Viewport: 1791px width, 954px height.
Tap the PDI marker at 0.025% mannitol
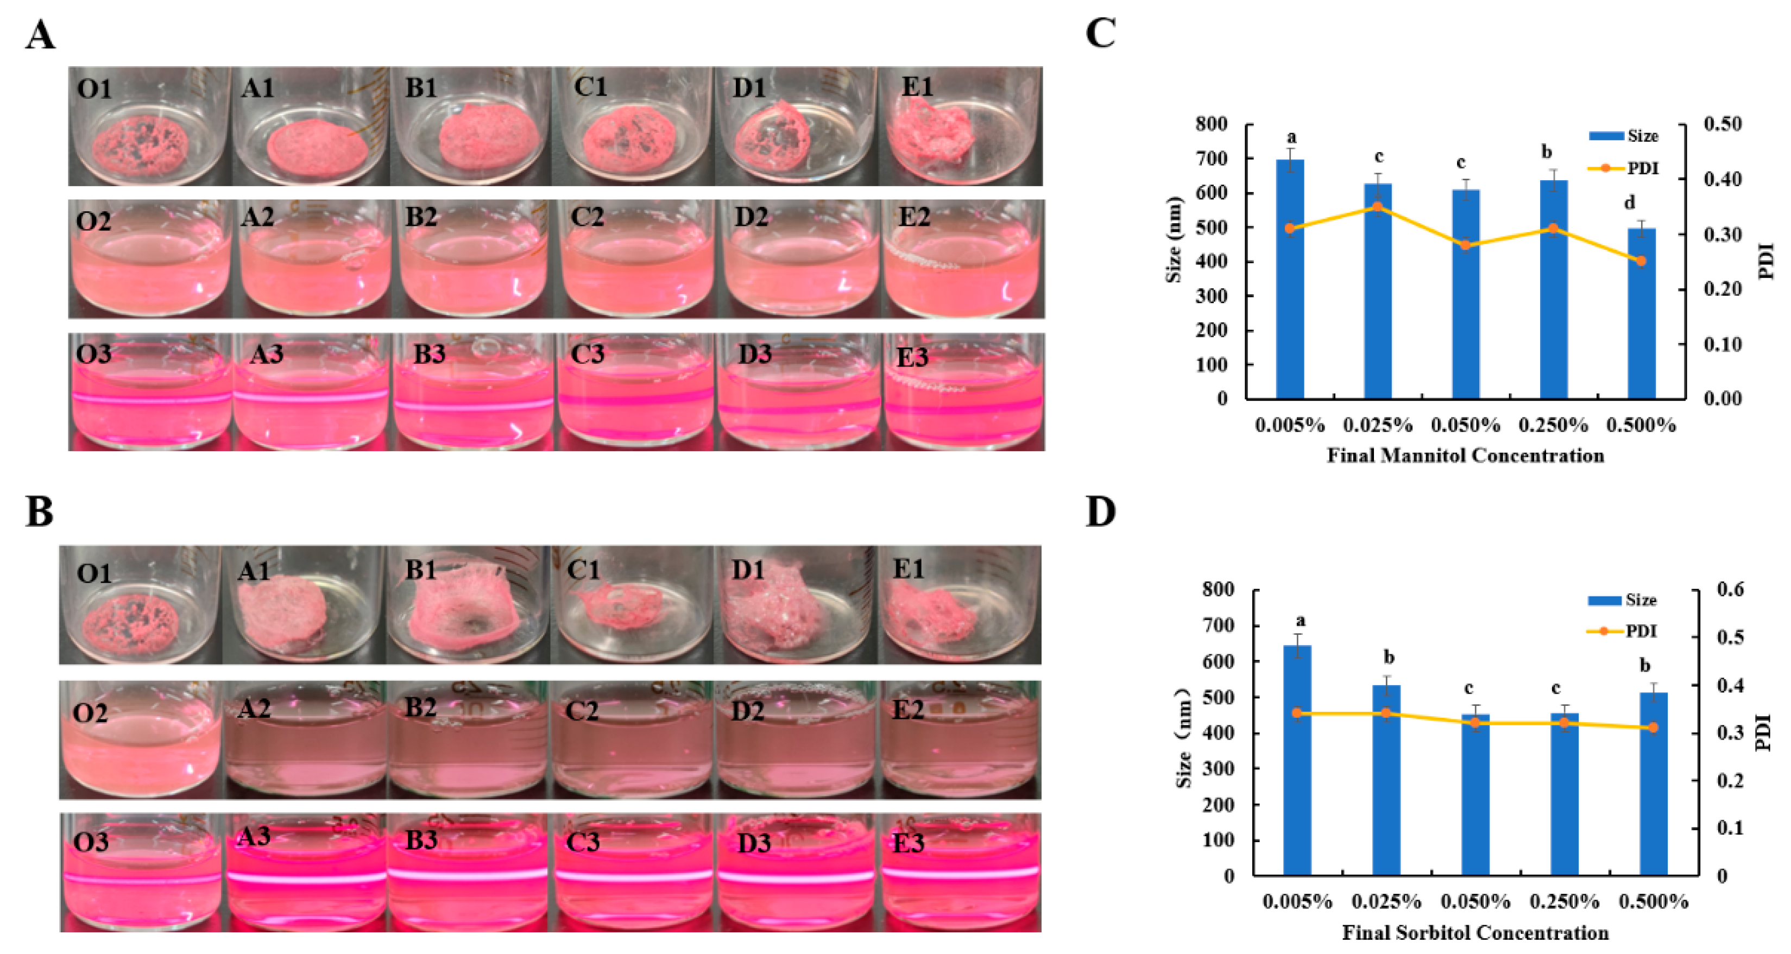coord(1377,206)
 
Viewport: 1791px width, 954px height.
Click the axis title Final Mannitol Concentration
coord(1465,456)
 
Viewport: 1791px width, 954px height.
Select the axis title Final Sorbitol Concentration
coord(1474,932)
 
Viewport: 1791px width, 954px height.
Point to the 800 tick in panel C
coord(1211,124)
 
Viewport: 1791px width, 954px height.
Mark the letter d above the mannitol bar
coord(1630,203)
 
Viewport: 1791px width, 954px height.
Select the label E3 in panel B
coord(908,843)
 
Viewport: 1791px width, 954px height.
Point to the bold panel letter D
coord(1101,512)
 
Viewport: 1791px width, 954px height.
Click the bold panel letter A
coord(40,35)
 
